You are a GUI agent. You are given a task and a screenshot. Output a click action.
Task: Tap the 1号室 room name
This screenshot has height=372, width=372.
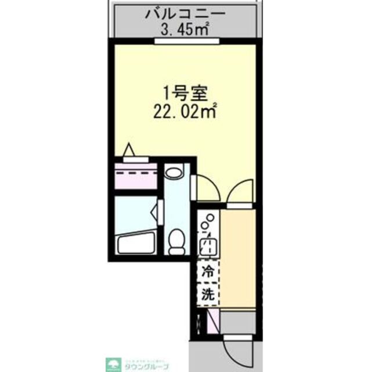click(x=185, y=92)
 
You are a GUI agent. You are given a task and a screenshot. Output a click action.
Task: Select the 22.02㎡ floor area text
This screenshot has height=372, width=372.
click(x=185, y=110)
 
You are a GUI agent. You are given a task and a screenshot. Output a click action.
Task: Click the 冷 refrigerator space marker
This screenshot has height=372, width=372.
click(x=207, y=270)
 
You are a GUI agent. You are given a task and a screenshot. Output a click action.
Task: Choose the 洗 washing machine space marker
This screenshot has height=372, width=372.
click(x=207, y=294)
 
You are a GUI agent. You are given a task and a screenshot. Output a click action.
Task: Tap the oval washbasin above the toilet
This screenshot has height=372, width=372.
click(x=174, y=172)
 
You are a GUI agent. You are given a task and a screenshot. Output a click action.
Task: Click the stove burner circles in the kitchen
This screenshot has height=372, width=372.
click(x=208, y=223)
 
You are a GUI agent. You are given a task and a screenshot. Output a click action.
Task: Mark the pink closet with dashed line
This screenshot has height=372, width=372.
click(x=136, y=176)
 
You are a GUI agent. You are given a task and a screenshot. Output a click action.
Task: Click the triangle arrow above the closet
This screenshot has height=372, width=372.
click(x=129, y=150)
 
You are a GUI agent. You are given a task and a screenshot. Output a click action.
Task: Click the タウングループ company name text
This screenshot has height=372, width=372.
click(x=146, y=367)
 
